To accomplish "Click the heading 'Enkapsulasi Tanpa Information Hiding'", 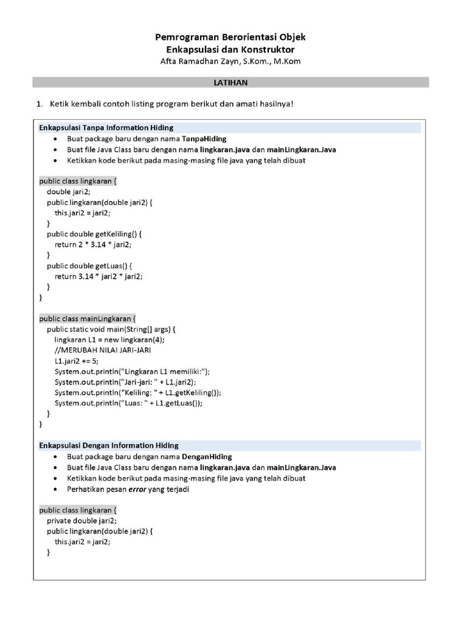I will click(106, 128).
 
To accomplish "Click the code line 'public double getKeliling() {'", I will click(94, 234).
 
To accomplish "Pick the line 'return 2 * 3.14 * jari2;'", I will click(92, 245).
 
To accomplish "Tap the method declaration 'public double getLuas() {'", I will click(89, 266).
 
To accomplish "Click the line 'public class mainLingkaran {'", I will click(88, 318).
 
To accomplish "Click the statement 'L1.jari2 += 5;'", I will click(76, 361).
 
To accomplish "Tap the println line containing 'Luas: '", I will click(128, 403).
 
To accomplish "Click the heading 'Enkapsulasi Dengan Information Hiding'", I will click(109, 445).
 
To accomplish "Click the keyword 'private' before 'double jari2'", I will click(59, 520).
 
